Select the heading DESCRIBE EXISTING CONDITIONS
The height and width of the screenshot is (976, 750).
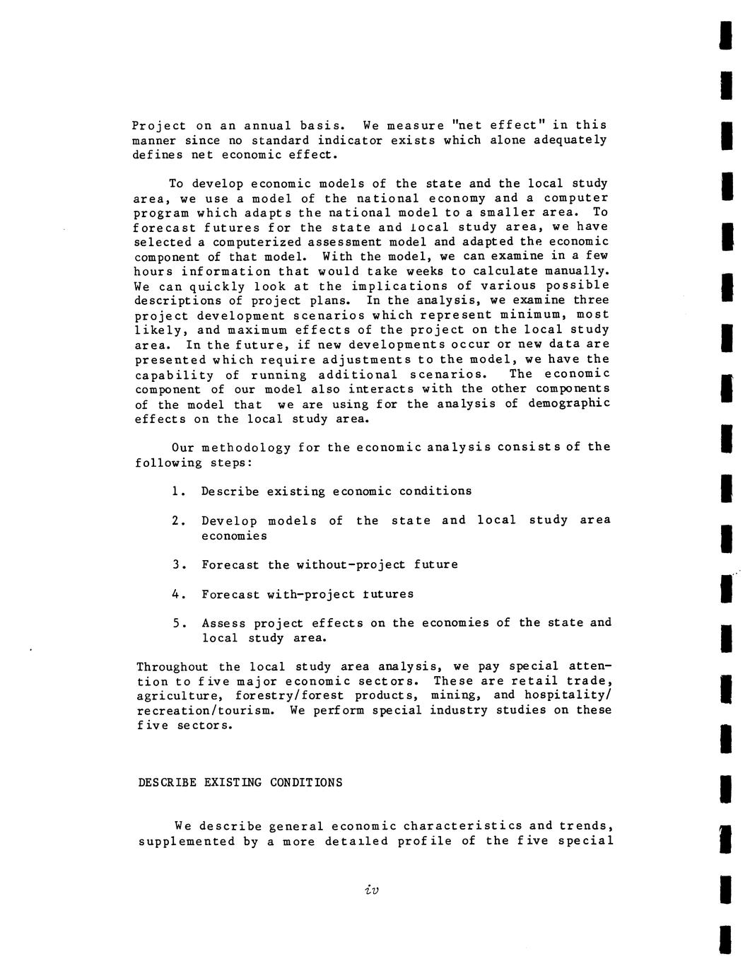tap(240, 782)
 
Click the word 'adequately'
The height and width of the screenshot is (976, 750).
tap(570, 140)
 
